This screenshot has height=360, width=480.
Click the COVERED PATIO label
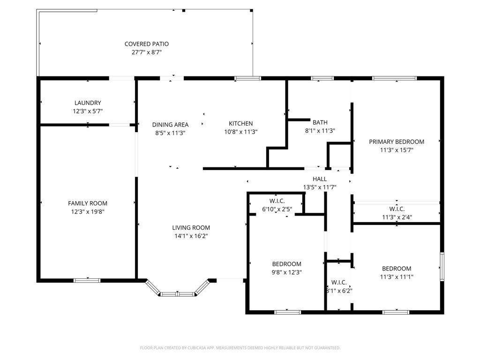146,44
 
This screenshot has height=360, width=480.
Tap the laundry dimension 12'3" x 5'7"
88,112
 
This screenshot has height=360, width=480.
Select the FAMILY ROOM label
88,203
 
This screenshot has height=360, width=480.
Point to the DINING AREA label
170,125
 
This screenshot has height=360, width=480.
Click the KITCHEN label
240,124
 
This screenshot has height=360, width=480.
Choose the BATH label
320,122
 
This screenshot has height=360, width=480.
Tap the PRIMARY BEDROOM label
396,142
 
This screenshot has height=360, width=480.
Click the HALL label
320,179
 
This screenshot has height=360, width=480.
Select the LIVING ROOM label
191,228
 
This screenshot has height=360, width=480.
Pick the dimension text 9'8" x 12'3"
286,272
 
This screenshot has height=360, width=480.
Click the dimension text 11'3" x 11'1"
396,277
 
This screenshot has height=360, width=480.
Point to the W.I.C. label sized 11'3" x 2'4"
396,209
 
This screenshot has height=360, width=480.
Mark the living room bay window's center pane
178,294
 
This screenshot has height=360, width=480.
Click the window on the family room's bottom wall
87,280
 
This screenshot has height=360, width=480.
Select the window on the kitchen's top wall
247,78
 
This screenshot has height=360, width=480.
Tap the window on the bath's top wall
322,78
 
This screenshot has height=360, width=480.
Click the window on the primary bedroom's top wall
394,78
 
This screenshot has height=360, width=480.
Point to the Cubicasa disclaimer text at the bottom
240,348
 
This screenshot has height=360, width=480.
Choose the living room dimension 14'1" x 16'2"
191,236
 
